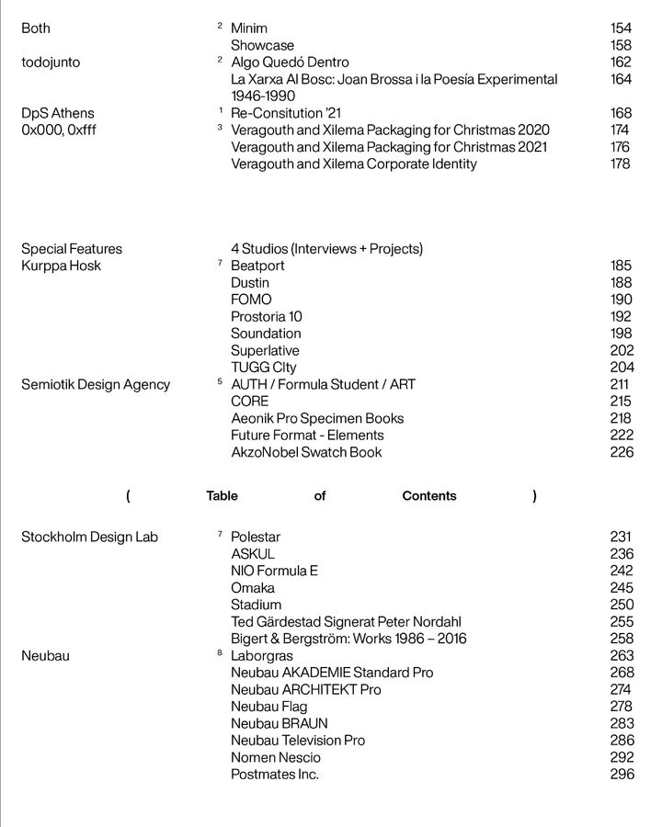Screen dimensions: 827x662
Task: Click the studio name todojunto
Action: click(x=51, y=62)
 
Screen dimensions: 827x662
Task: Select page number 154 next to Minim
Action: click(x=621, y=28)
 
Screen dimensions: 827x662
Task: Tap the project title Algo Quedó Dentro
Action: click(x=290, y=62)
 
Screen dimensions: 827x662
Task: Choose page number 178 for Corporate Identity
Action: click(x=621, y=164)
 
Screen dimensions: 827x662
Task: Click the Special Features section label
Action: click(x=72, y=249)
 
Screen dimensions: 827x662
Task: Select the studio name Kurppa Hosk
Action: click(x=62, y=266)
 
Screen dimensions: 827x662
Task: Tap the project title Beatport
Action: click(x=257, y=266)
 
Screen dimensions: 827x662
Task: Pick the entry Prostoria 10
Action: click(x=267, y=317)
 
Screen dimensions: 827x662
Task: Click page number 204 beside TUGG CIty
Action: click(x=622, y=368)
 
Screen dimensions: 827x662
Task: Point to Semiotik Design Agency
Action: click(x=96, y=384)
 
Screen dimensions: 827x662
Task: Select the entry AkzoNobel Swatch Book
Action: click(x=306, y=452)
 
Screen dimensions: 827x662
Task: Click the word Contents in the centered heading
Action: click(x=429, y=496)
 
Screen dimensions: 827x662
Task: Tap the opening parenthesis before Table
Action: click(x=128, y=496)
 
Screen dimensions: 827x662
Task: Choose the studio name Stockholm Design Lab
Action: click(x=90, y=537)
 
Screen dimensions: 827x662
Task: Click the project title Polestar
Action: click(x=256, y=537)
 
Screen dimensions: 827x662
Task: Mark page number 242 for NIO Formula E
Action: click(x=622, y=571)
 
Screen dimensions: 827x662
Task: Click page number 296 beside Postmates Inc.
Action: click(x=622, y=775)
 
